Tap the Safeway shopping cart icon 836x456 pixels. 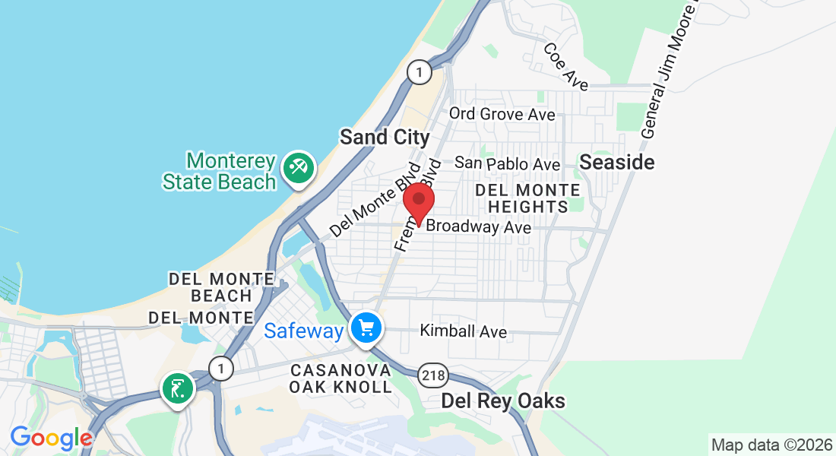pos(367,328)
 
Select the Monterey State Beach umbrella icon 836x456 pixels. pos(296,167)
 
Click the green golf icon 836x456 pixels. pos(178,389)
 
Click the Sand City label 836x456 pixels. pos(385,138)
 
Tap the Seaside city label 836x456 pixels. pos(616,162)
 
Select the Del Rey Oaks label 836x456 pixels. pos(504,401)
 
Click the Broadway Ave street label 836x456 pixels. pos(478,226)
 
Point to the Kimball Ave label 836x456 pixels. pos(463,331)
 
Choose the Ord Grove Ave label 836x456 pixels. pos(502,114)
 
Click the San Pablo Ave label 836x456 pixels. pos(507,163)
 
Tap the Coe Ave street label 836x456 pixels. pos(566,67)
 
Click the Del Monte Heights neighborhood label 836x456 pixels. pos(528,198)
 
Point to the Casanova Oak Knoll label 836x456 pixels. pos(340,378)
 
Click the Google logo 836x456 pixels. pos(51,438)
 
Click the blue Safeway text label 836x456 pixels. pos(304,331)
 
